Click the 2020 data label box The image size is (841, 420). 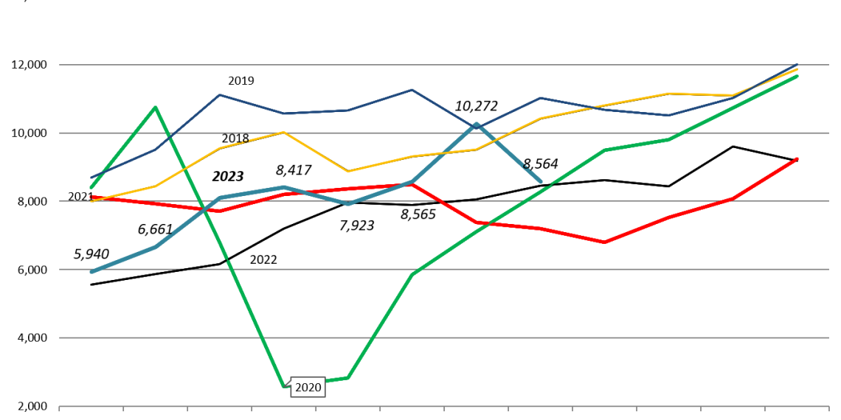pyautogui.click(x=308, y=388)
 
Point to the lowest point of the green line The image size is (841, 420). pyautogui.click(x=284, y=386)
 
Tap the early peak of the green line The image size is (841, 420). pyautogui.click(x=155, y=108)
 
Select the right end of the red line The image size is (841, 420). pyautogui.click(x=797, y=158)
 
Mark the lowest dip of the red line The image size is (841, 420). pyautogui.click(x=604, y=242)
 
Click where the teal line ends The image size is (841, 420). pyautogui.click(x=541, y=181)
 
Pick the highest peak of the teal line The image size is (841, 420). pyautogui.click(x=477, y=124)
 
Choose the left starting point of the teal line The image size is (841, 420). pyautogui.click(x=91, y=272)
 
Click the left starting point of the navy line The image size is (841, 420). pyautogui.click(x=91, y=178)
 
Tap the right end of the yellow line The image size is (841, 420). pyautogui.click(x=797, y=69)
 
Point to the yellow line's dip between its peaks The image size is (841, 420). pyautogui.click(x=347, y=171)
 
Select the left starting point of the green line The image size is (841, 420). pyautogui.click(x=91, y=187)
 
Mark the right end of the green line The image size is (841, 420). pyautogui.click(x=797, y=76)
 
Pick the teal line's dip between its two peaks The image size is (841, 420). pyautogui.click(x=348, y=204)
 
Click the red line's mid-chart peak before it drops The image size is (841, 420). pyautogui.click(x=412, y=184)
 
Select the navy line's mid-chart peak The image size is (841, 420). pyautogui.click(x=412, y=90)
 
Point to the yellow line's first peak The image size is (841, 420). pyautogui.click(x=283, y=133)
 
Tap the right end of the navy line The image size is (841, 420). pyautogui.click(x=797, y=64)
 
